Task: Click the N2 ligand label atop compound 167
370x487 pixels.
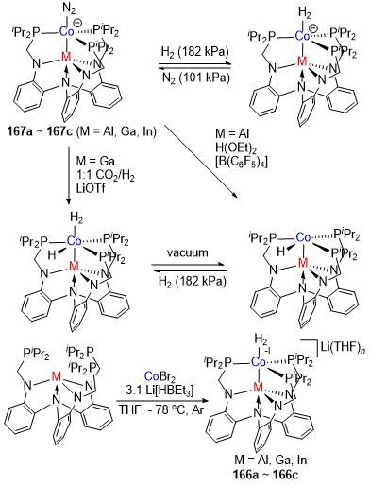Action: point(69,9)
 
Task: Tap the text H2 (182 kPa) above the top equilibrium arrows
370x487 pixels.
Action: point(194,51)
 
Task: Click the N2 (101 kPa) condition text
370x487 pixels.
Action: point(194,77)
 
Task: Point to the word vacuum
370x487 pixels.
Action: point(188,252)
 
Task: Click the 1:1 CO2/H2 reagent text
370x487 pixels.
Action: point(105,175)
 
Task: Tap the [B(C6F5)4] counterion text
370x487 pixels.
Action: point(242,163)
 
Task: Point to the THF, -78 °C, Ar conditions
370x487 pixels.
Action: point(160,409)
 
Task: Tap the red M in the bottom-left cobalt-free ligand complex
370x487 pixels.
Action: point(57,376)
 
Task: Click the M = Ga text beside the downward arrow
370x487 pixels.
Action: point(95,162)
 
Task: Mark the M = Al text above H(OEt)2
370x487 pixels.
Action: point(232,133)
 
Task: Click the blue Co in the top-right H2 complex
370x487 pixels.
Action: point(303,37)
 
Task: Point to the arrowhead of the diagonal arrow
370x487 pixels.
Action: point(237,197)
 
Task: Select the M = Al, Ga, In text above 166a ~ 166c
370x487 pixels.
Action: point(271,460)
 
